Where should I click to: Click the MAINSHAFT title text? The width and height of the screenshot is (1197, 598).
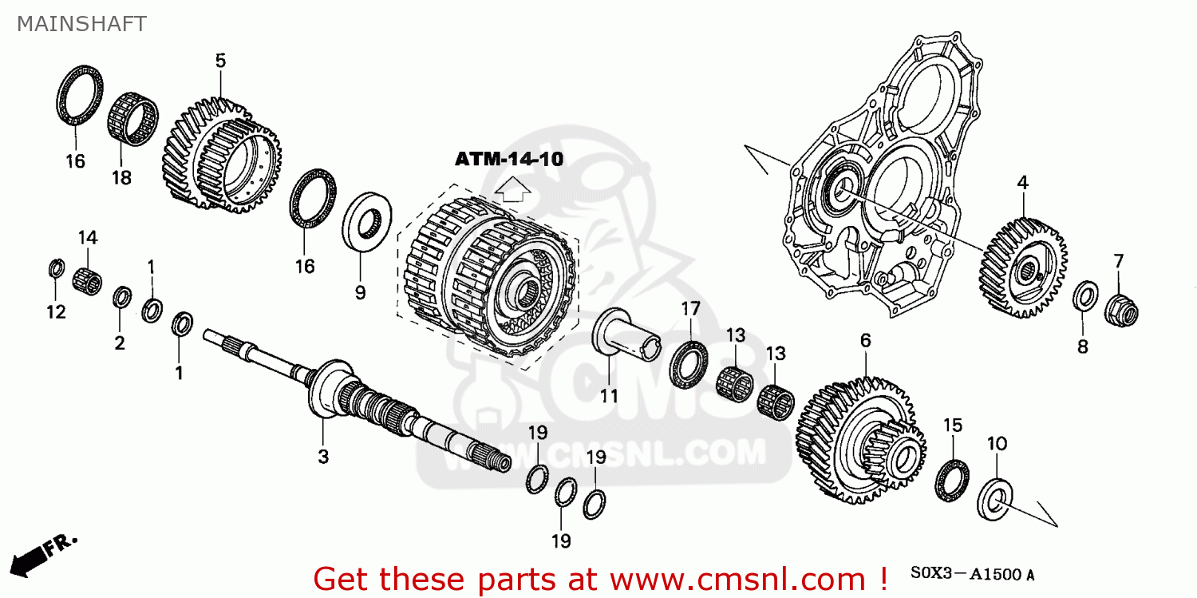(81, 24)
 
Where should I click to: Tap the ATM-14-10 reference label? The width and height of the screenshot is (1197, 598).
(509, 159)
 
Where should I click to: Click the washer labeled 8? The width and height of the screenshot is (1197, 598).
(1084, 297)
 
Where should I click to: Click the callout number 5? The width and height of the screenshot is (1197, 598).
(220, 60)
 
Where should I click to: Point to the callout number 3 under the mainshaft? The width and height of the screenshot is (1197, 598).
(323, 456)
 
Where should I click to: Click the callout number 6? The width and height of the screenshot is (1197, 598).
(865, 341)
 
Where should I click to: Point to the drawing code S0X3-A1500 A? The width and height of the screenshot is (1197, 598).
(973, 574)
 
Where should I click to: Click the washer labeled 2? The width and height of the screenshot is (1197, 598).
(122, 298)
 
